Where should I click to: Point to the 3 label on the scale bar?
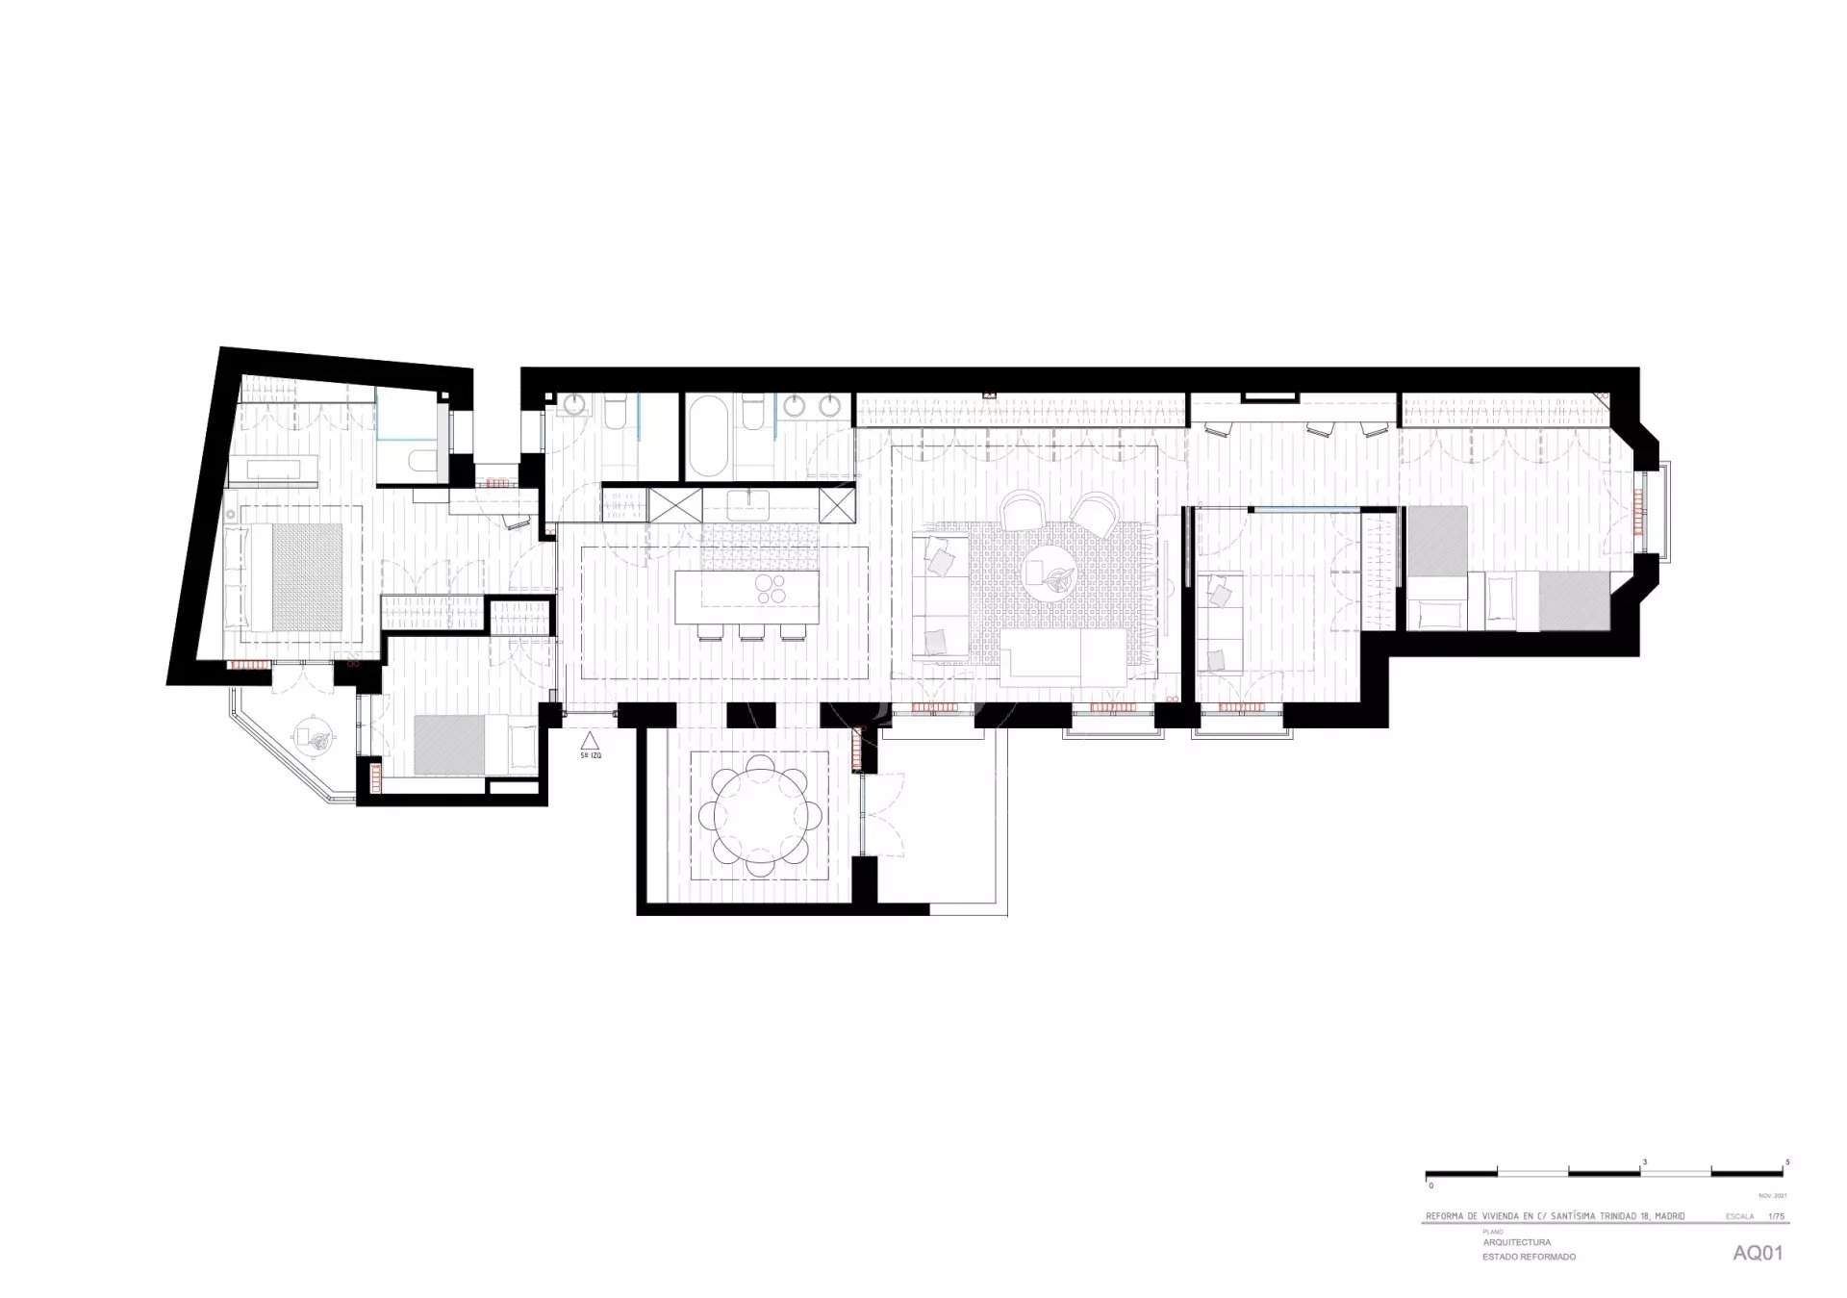click(x=1644, y=1162)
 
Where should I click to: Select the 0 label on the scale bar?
click(x=1430, y=1185)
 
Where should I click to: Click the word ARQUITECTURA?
click(x=1517, y=1242)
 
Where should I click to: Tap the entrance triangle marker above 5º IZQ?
click(x=590, y=740)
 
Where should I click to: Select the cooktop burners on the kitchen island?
click(x=771, y=588)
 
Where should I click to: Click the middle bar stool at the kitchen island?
click(x=751, y=632)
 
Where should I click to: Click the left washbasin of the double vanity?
click(x=795, y=408)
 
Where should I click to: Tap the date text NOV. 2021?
click(x=1772, y=1196)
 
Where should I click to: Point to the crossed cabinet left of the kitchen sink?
click(x=676, y=504)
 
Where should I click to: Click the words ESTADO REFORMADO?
click(x=1529, y=1257)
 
